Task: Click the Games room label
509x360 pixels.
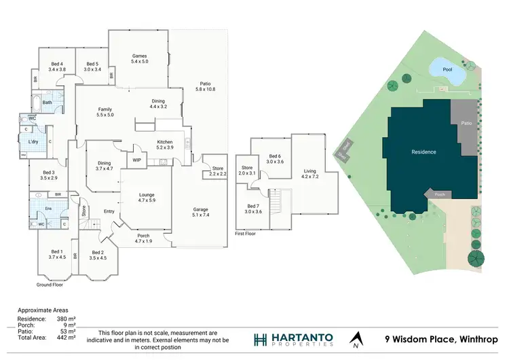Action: (139, 56)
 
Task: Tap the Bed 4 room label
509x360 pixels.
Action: (57, 64)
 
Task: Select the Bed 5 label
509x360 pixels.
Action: (92, 64)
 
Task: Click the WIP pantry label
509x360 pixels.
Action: (136, 160)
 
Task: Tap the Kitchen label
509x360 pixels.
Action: (166, 141)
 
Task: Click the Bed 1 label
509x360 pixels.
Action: (56, 251)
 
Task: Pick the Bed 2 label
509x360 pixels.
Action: (98, 251)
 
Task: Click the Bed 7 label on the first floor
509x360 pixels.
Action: (253, 206)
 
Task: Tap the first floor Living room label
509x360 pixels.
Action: (309, 171)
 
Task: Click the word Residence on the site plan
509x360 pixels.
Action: (423, 151)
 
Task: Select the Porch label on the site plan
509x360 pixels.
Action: (440, 194)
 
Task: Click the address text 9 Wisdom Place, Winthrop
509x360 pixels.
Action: (441, 339)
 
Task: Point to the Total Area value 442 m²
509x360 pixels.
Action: (66, 338)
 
